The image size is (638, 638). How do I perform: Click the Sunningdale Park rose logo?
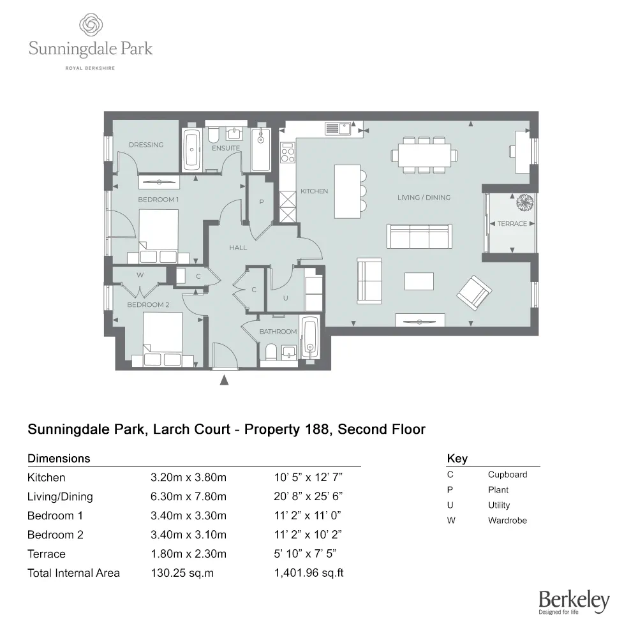coord(91,26)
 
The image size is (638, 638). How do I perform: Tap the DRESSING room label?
coord(146,145)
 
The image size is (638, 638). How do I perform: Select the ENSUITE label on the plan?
coord(226,148)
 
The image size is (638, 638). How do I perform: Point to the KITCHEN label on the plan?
coord(314,191)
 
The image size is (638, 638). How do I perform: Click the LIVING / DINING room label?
coord(424,198)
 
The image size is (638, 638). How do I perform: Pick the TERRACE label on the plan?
coord(512,224)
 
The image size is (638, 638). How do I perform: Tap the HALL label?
coord(238,248)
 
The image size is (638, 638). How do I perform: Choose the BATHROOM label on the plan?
coord(278,332)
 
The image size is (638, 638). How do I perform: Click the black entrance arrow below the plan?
coord(225,381)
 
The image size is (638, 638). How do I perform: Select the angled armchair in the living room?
coord(474,290)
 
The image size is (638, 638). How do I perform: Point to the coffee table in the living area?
coord(419,281)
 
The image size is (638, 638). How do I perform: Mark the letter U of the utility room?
coord(286,297)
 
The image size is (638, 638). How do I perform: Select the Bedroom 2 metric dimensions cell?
coord(188,535)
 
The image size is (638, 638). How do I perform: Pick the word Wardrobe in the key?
coord(507,521)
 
